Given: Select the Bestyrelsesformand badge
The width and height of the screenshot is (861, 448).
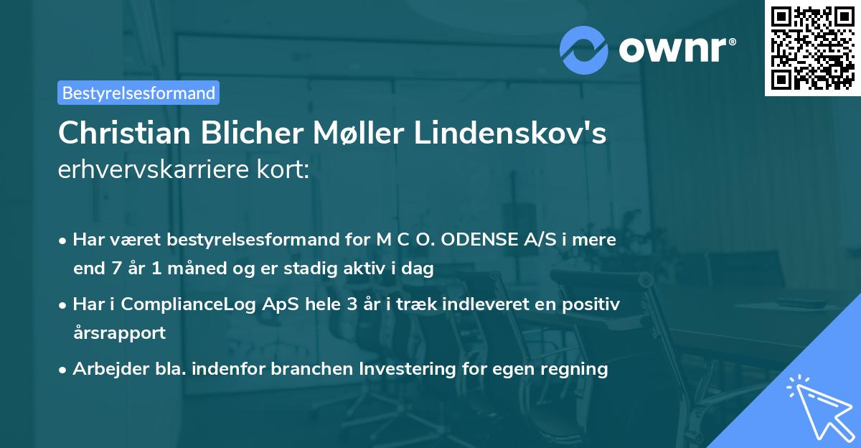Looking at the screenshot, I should [x=138, y=93].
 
